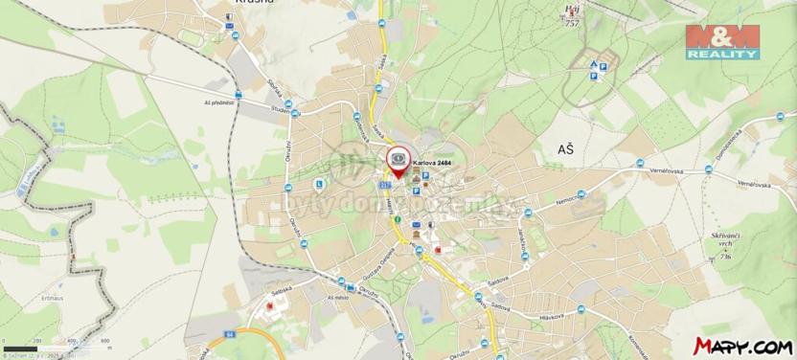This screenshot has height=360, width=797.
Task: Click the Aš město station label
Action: click(337, 299)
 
